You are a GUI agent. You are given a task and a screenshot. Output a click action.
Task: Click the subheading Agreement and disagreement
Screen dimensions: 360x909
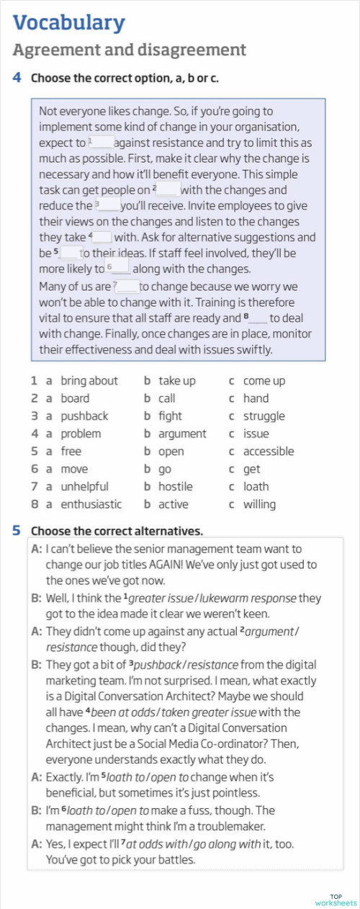pos(130,50)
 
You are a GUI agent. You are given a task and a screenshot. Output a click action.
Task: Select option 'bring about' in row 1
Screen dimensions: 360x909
pos(89,381)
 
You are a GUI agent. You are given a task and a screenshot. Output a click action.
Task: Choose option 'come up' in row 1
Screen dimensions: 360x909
pos(264,381)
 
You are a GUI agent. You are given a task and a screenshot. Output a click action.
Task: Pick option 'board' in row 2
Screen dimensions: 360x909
pos(75,398)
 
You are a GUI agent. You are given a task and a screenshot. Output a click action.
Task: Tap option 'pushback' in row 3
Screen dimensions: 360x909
pos(84,416)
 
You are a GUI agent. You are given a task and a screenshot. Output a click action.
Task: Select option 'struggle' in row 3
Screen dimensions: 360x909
pos(264,416)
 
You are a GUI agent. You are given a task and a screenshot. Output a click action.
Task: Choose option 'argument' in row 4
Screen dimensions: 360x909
pos(182,434)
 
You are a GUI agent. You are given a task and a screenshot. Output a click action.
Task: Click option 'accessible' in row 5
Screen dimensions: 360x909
pos(268,452)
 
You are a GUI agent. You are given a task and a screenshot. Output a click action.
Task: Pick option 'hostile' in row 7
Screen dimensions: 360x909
pos(175,487)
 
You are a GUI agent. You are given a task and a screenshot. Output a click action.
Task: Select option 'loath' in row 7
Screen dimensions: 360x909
pos(256,487)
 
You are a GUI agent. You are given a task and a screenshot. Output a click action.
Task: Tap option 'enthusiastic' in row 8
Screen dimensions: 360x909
pos(91,504)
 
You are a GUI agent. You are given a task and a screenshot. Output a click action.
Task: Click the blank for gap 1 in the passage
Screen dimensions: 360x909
pos(103,143)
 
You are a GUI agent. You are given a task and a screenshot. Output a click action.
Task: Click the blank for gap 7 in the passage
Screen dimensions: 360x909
pos(127,286)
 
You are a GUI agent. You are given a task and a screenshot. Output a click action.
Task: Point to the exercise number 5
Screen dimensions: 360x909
pos(17,531)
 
